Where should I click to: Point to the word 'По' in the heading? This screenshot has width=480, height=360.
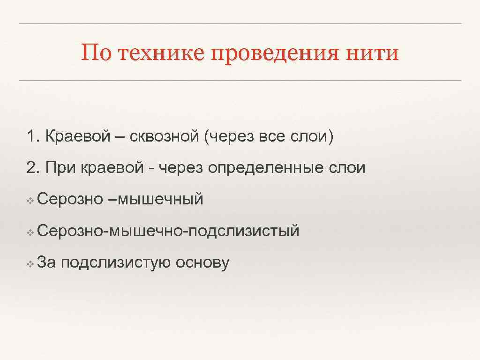click(x=97, y=52)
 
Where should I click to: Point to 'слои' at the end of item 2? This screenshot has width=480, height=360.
click(x=348, y=168)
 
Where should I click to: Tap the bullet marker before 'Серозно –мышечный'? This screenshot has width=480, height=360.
click(x=30, y=201)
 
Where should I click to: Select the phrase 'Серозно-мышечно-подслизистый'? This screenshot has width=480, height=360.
click(x=168, y=231)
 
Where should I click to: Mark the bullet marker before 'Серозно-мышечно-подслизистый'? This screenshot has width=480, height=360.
click(x=30, y=232)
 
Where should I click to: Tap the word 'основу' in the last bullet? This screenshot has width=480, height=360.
click(x=202, y=263)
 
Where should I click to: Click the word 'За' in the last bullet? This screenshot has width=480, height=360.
click(x=46, y=262)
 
